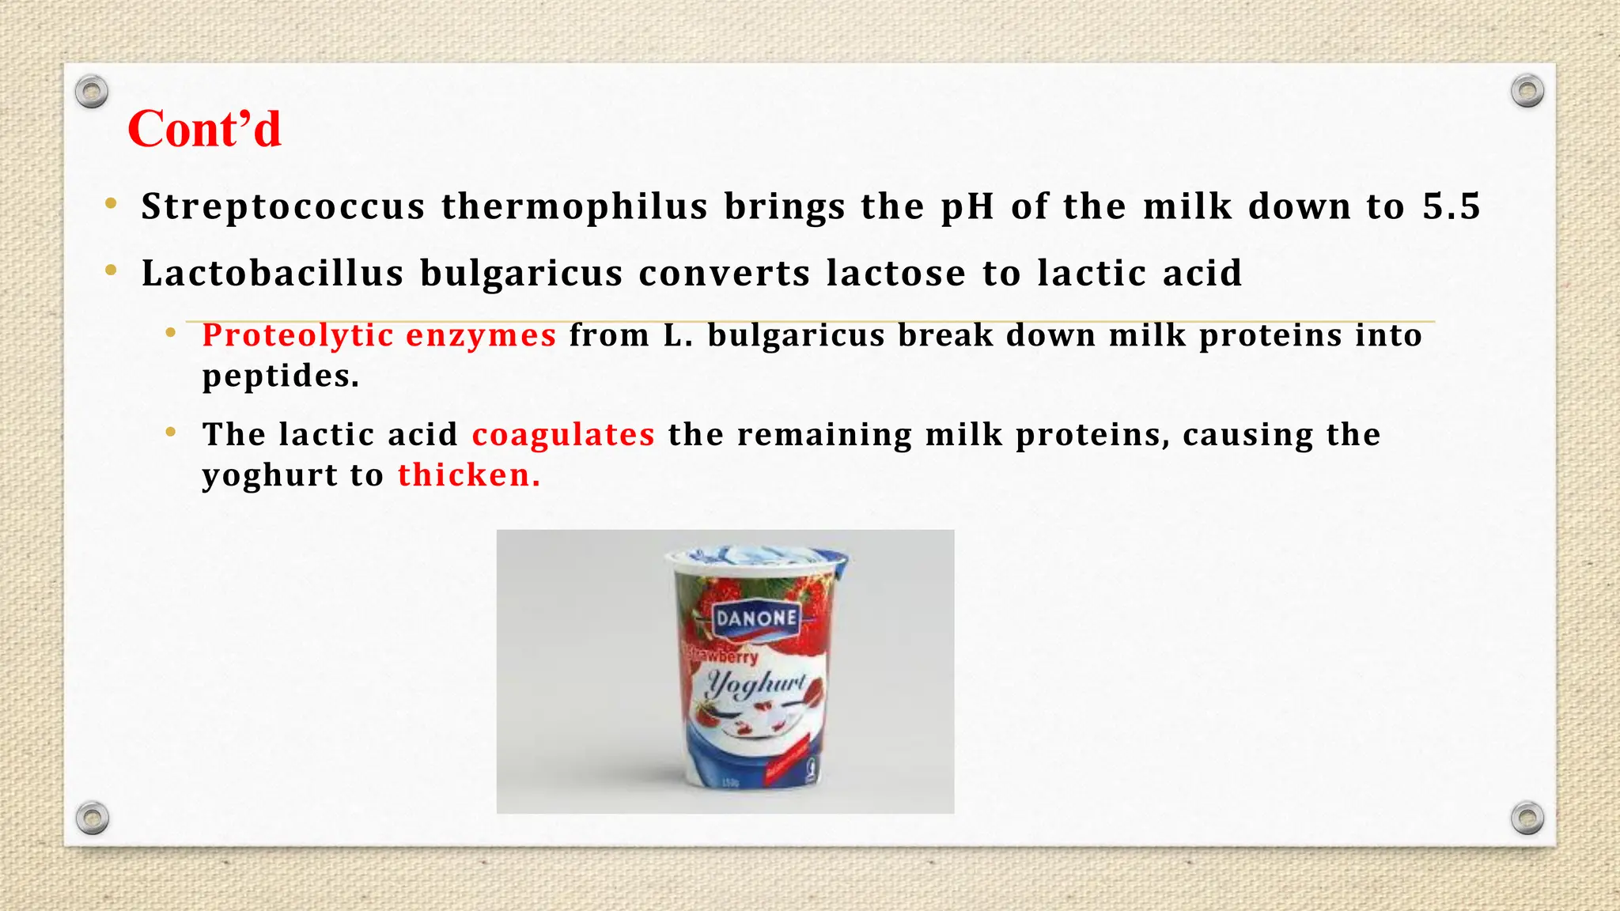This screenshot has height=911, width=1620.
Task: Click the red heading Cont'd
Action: click(204, 129)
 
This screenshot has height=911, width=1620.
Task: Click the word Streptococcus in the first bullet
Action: click(283, 207)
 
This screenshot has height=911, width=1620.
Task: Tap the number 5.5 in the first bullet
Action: click(1451, 206)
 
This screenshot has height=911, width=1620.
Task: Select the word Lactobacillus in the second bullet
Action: click(273, 274)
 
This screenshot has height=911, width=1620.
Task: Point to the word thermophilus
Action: click(574, 207)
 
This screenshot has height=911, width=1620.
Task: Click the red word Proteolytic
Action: click(297, 336)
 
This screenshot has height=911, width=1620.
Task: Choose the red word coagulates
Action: click(563, 435)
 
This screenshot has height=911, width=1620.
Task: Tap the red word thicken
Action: click(468, 475)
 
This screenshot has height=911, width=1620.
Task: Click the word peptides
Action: click(280, 376)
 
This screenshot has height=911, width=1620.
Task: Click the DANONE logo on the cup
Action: click(756, 618)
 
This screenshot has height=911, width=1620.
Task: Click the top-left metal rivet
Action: click(92, 92)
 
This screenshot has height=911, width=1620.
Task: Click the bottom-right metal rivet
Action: click(1527, 818)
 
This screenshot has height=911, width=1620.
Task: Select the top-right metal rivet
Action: click(1527, 91)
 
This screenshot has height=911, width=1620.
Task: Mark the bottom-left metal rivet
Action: click(92, 818)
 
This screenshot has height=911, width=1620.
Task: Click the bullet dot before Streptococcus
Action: click(112, 205)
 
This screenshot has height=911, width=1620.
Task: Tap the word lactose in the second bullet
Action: click(895, 274)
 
